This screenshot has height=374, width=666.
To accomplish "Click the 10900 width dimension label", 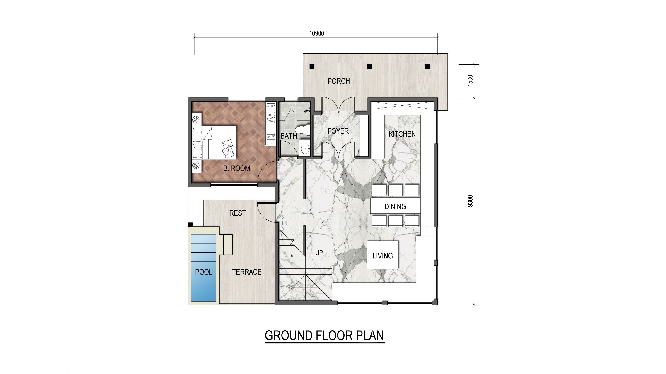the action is point(316,33).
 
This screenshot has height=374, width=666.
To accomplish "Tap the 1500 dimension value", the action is point(470,80).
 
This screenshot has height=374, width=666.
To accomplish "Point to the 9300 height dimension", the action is point(470,201).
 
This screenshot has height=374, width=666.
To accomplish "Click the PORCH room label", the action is point(339,81).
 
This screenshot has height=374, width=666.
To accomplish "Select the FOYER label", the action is point(338,131).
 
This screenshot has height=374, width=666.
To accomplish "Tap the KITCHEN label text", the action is point(402,134).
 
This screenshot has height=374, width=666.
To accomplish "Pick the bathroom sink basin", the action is point(305,149).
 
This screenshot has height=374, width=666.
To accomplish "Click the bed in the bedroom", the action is point(214,143).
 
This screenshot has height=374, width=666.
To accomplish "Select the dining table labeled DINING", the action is point(395,206).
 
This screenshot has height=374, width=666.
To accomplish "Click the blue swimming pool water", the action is point(203,268).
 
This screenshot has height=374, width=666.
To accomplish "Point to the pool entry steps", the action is point(226,244).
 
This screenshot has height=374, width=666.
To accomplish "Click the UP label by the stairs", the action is point(319,253).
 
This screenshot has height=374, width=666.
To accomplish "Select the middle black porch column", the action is point(369,67).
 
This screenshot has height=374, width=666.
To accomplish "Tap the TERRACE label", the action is point(247,272).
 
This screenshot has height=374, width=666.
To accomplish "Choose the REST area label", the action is point(237,213).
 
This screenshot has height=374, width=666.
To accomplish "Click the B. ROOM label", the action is point(236,168).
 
